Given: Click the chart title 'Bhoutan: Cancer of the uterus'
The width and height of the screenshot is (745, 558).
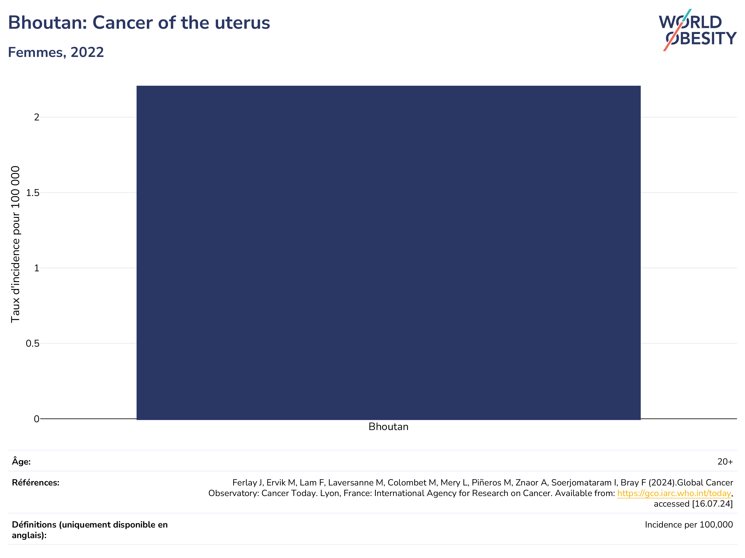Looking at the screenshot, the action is [x=139, y=23].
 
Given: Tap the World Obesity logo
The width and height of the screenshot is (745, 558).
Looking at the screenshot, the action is [x=697, y=30].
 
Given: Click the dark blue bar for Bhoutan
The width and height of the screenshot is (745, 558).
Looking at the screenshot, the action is [x=388, y=252].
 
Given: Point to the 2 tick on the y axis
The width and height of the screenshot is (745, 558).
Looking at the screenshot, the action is [x=37, y=117].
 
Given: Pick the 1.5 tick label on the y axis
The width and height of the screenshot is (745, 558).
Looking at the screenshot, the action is [x=33, y=193].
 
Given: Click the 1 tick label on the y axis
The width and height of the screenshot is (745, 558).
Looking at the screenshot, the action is [x=37, y=268].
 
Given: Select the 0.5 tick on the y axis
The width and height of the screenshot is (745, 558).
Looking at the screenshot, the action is [x=33, y=343].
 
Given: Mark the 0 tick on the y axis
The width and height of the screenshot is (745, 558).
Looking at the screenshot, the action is [x=37, y=419].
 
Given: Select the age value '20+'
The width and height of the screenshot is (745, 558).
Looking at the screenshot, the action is [x=725, y=462].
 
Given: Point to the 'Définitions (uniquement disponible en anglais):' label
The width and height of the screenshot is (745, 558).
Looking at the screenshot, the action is [x=90, y=530].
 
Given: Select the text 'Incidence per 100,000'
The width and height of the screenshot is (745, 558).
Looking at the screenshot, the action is [x=689, y=525].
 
